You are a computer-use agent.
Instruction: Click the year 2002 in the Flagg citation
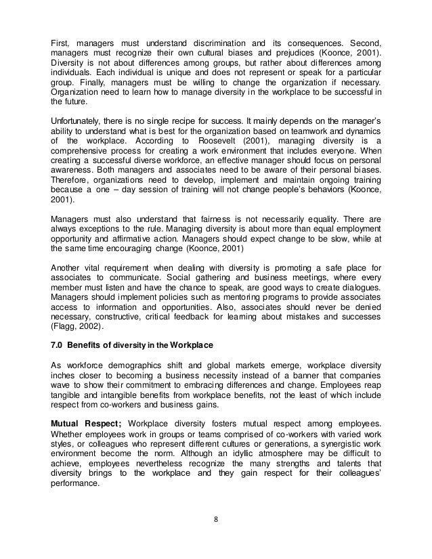coord(96,325)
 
